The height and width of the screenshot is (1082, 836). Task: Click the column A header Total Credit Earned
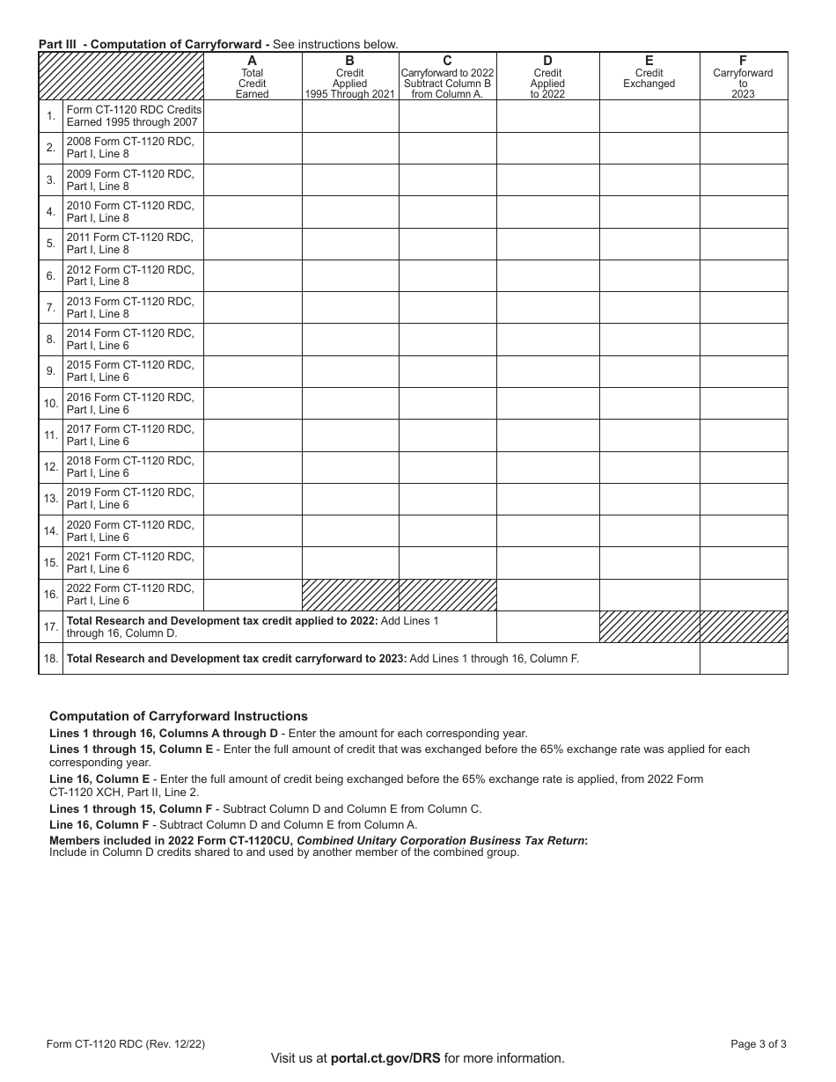click(253, 77)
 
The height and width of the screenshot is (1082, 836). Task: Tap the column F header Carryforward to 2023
click(743, 77)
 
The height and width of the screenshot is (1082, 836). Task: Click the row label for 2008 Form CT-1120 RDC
click(132, 147)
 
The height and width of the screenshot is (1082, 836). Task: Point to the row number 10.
click(51, 403)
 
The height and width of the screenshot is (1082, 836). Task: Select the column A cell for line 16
click(253, 595)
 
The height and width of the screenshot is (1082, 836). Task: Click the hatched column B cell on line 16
click(350, 595)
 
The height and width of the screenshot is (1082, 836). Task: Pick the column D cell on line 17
click(547, 626)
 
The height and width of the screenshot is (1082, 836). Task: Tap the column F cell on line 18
click(743, 658)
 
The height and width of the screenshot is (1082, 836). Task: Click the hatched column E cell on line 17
click(649, 626)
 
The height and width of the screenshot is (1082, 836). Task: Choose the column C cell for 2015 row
click(447, 371)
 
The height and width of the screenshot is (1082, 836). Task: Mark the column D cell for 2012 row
click(547, 275)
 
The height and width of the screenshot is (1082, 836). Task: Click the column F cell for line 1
click(743, 116)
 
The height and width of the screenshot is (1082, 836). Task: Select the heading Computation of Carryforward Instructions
click(179, 716)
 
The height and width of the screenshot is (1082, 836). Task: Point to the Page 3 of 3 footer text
click(759, 1044)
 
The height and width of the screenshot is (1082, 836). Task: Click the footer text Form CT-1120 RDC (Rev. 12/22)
click(126, 1044)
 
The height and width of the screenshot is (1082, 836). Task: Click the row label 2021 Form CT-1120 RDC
click(132, 562)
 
